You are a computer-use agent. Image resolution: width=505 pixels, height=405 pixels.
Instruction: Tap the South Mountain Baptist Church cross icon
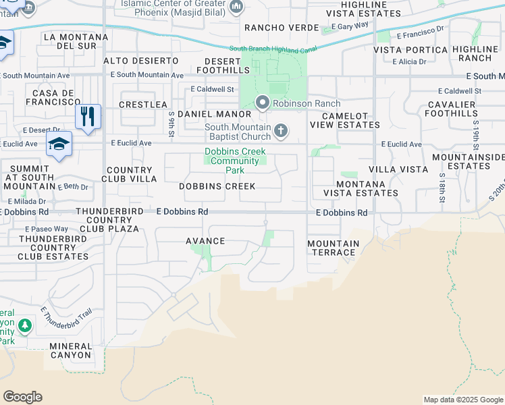pos(281,129)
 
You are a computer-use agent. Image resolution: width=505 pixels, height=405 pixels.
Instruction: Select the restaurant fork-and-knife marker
pos(88,116)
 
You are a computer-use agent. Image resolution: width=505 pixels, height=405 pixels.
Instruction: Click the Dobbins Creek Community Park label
pos(235,161)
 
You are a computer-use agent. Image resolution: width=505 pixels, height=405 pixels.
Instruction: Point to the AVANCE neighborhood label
pos(205,241)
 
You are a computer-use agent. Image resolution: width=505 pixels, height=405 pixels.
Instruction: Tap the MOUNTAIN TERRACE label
pos(333,248)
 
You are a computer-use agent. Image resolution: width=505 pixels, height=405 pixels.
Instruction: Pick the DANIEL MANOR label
pos(209,115)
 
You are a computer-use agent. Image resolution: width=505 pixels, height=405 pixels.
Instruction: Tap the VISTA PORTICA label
pos(410,50)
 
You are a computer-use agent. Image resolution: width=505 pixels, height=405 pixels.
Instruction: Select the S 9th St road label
pos(172,122)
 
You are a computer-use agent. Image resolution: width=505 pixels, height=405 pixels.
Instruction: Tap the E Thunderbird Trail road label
pos(65,323)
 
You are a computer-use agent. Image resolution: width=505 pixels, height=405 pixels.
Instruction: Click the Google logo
pos(22,397)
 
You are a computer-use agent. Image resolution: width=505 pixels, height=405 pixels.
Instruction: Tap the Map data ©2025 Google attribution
pos(462,400)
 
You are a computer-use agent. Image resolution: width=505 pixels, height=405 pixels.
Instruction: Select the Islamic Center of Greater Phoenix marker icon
pos(236,7)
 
